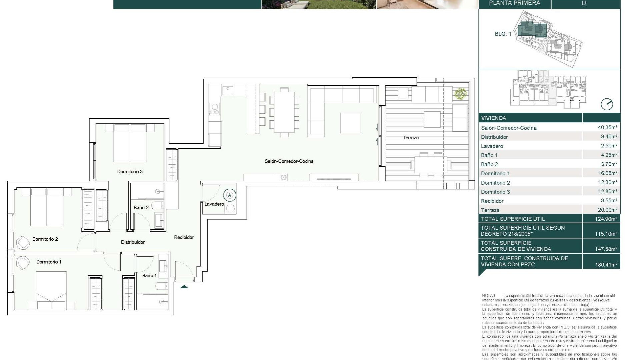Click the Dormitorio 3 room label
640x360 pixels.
coord(130,172)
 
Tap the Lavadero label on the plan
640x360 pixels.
coord(214,204)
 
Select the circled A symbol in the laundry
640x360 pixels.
coord(229,195)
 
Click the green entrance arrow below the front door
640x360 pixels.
coord(184,287)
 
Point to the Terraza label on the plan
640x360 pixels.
coord(410,138)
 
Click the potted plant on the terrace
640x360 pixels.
coord(460,93)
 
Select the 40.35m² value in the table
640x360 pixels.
coord(607,127)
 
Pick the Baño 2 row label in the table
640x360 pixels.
coord(489,164)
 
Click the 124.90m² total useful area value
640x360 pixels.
coord(606,219)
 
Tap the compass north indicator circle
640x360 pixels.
coord(607,104)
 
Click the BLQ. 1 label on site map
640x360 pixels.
coord(503,34)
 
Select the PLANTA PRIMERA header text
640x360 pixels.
coord(514,3)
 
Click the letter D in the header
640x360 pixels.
coord(584,3)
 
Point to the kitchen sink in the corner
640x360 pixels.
coord(228,89)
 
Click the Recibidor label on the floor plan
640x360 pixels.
coord(184,237)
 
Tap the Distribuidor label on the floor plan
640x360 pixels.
coord(133,242)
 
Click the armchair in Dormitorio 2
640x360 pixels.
coord(23,243)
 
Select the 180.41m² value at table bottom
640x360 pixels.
coord(606,265)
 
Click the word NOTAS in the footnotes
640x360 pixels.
coord(489,296)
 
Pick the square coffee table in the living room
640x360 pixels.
coord(350,123)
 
